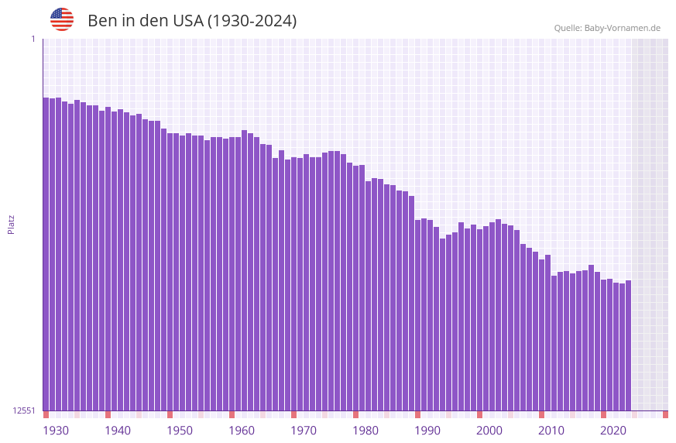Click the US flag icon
[x=62, y=19]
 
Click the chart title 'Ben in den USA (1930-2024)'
[x=192, y=21]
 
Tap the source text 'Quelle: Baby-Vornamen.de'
[x=607, y=28]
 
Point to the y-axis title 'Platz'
[x=11, y=224]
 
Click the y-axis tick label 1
[x=33, y=39]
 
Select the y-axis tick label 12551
[x=25, y=410]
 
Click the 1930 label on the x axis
[x=56, y=431]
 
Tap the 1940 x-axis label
[x=118, y=431]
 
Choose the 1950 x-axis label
[x=180, y=431]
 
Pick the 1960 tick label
[x=242, y=431]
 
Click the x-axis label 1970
[x=304, y=431]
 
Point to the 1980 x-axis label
[x=365, y=431]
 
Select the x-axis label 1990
[x=427, y=431]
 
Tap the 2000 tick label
[x=489, y=431]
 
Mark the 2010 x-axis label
[x=551, y=431]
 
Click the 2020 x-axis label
[x=613, y=431]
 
